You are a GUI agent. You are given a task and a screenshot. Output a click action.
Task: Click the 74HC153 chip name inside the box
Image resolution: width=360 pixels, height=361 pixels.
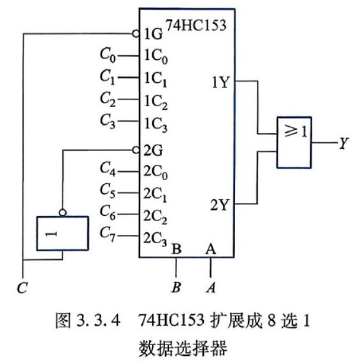[x=196, y=25]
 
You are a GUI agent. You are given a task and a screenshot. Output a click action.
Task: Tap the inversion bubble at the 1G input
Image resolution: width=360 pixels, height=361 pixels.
[x=136, y=34]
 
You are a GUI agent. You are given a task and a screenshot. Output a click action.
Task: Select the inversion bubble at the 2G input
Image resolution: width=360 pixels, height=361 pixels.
[x=136, y=150]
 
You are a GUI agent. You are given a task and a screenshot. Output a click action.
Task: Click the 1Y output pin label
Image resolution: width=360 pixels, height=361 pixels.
[x=220, y=82]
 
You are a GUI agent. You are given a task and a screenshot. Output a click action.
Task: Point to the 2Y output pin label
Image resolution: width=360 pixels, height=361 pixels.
[x=220, y=204]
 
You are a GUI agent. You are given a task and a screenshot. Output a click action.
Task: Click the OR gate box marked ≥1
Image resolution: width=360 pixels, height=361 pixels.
[x=294, y=143]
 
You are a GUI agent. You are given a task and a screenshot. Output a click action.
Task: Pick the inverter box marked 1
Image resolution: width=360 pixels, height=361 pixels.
[x=62, y=233]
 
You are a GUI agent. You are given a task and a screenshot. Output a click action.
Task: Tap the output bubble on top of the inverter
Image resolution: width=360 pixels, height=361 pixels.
[x=62, y=213]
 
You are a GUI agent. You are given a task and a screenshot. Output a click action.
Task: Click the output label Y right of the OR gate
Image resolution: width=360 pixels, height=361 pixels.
[x=343, y=143]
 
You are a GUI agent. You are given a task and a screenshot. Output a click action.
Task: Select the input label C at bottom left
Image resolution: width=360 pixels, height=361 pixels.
[x=22, y=288]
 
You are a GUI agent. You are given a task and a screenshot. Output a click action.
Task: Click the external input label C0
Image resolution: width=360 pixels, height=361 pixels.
[x=108, y=55]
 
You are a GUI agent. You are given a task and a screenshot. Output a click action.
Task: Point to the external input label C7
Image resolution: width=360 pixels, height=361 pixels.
[x=108, y=234]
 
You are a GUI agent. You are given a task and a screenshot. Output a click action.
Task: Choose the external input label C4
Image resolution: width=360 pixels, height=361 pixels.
[x=108, y=169]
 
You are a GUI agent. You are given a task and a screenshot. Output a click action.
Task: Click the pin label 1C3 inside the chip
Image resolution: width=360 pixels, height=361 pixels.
[x=155, y=125]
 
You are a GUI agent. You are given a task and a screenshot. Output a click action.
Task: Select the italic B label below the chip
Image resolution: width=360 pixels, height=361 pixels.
[x=176, y=287]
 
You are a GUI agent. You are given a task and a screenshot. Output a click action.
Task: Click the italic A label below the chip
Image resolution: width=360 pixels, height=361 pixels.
[x=211, y=287]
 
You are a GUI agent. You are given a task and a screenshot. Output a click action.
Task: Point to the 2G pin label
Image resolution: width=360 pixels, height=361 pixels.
[x=153, y=150]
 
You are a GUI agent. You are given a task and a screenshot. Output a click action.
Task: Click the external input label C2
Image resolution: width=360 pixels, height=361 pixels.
[x=108, y=99]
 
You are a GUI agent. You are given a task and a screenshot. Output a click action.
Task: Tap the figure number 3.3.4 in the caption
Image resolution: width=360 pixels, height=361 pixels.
[x=98, y=320]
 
